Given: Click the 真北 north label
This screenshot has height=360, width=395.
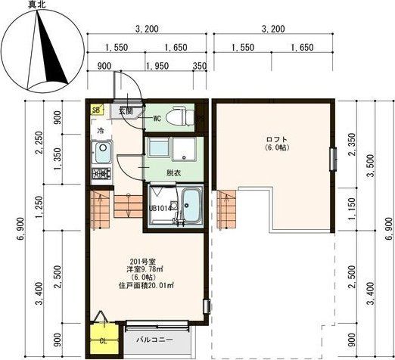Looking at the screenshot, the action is pos(37,5).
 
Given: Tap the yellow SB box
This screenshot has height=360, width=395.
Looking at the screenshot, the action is pos(97,110).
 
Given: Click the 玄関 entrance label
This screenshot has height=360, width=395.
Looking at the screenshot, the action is pos(126,111).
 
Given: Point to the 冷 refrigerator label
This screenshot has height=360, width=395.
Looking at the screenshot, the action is pos(101,131).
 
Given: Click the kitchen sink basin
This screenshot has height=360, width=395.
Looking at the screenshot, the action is pos(102,152).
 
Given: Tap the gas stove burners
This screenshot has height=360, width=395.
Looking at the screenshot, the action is pos(101,173).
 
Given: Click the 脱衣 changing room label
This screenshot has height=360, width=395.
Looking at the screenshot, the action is pos(173,173).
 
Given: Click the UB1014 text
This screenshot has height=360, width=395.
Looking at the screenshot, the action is pos(160,209).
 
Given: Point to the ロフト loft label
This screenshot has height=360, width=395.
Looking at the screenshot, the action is pos(277,139).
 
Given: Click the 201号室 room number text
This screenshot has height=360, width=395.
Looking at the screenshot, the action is pos(144,262).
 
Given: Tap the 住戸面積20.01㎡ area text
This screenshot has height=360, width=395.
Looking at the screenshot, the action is pos(146,286).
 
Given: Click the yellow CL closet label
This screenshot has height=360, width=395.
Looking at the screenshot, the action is pos(103,342).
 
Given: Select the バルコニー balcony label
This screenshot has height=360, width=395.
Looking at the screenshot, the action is pos(154,340).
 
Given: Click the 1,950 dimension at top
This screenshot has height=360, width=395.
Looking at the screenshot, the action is pos(157,66).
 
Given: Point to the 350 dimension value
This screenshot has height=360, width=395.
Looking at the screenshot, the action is pos(200,66).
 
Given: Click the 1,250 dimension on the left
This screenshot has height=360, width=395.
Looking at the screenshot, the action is pos(39,206).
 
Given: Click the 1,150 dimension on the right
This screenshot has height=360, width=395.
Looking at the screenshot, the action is pos(352,208).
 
